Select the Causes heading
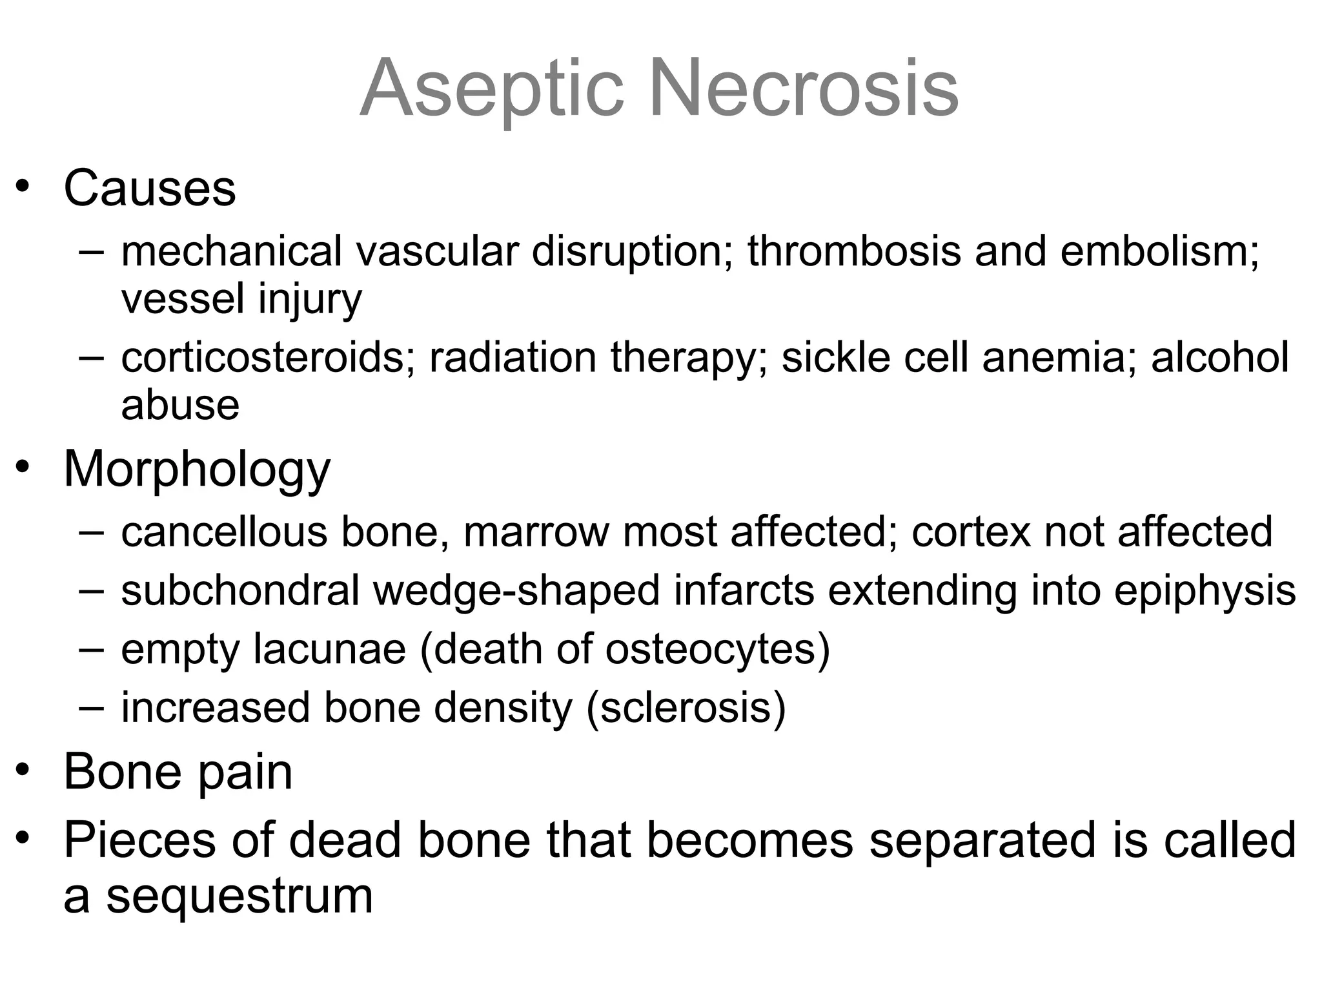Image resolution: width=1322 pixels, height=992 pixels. pyautogui.click(x=150, y=188)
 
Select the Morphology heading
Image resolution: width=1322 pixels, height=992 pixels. pyautogui.click(x=197, y=470)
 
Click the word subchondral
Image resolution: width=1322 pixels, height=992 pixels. pyautogui.click(x=239, y=590)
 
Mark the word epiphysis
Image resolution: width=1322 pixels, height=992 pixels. pyautogui.click(x=1205, y=590)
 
